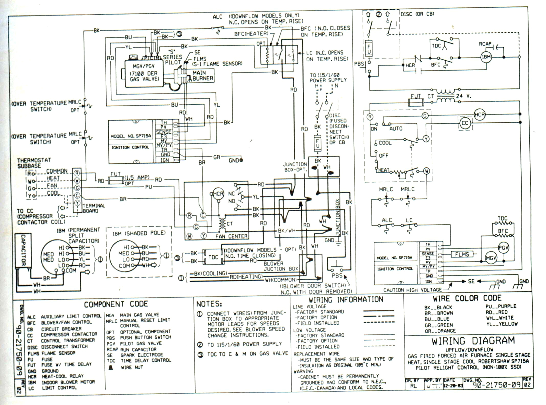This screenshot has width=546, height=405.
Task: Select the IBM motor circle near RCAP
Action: click(x=486, y=57)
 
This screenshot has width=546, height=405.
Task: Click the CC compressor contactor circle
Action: click(x=465, y=123)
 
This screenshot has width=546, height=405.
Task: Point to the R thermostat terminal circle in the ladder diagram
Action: click(x=370, y=117)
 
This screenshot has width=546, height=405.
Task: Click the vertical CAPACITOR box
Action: click(x=23, y=250)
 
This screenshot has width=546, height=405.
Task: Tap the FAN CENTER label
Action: click(x=231, y=237)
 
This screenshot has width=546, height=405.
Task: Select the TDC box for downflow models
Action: click(x=213, y=257)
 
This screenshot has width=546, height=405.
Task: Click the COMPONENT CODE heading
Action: click(x=116, y=304)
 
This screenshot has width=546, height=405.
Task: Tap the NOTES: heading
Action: click(x=209, y=304)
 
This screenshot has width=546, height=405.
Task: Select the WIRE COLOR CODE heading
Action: click(x=467, y=298)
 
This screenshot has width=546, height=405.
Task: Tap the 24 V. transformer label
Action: click(x=463, y=96)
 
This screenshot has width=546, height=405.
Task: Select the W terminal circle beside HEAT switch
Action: click(x=426, y=171)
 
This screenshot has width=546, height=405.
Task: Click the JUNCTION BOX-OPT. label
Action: click(x=295, y=167)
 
